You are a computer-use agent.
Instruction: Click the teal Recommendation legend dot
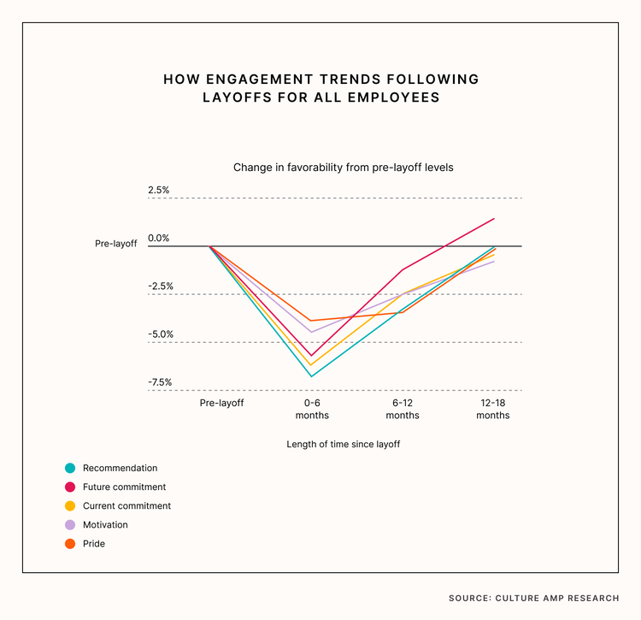pos(70,468)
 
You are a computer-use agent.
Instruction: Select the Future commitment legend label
pos(125,487)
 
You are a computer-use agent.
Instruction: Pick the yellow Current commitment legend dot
pos(70,505)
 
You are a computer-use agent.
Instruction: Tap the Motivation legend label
pos(105,524)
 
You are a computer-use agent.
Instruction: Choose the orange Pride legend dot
pos(70,543)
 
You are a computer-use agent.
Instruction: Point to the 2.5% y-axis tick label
pos(159,190)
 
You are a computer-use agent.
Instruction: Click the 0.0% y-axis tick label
pos(159,238)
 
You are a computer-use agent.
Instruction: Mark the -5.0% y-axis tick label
pos(159,334)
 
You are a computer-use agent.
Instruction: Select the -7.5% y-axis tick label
pos(159,382)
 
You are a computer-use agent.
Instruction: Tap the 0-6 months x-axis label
pos(312,409)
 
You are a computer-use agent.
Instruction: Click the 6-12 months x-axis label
pos(403,409)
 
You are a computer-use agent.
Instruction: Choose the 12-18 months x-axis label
pos(492,409)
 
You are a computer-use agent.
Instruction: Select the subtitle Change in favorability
pos(343,168)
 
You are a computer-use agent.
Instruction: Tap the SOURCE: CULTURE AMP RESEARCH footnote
pos(533,598)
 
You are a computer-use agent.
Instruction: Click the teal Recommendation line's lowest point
pos(312,376)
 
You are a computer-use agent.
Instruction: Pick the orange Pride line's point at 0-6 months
pos(312,321)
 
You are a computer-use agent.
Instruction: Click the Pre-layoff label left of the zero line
pos(115,244)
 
